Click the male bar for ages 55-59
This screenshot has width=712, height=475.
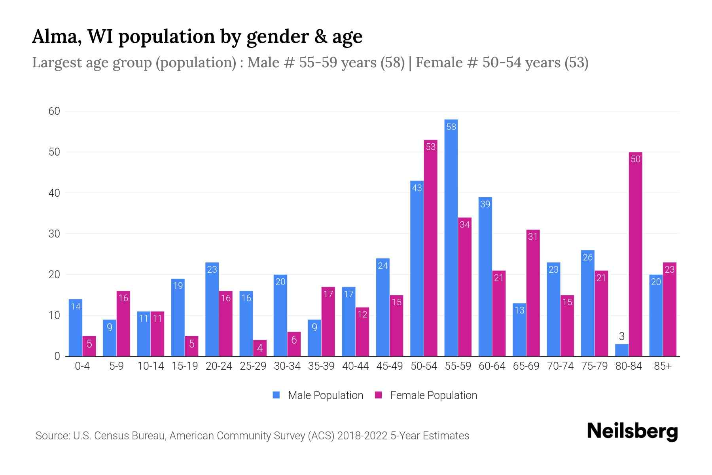451,237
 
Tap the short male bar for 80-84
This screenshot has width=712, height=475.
621,350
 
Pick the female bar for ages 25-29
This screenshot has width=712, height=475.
260,348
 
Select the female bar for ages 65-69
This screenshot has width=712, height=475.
533,293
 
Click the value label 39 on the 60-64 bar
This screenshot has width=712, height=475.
485,204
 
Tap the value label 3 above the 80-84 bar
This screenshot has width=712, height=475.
621,336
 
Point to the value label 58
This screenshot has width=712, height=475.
451,127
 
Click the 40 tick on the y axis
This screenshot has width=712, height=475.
54,193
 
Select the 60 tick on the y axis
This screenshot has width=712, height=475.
54,111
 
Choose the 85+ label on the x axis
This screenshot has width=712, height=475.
663,366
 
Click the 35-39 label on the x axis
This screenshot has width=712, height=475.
321,366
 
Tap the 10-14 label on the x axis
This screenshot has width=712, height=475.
150,366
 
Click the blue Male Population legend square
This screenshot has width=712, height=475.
276,395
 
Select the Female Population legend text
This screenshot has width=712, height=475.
434,395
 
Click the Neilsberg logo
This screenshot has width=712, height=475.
632,431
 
